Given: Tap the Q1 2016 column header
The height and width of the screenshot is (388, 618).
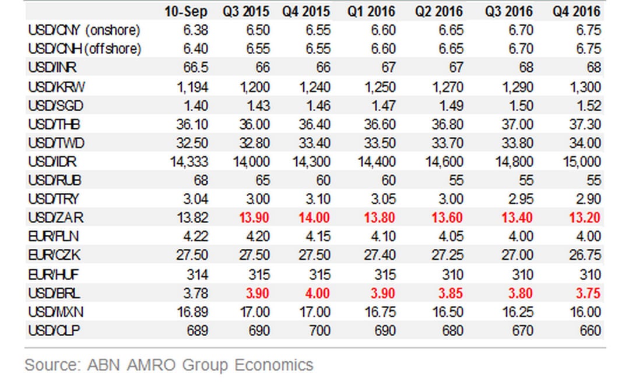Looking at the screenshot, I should (x=371, y=12).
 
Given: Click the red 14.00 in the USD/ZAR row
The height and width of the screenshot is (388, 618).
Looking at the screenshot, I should (x=314, y=218).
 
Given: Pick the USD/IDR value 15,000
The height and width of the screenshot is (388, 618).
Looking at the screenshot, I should (x=580, y=162).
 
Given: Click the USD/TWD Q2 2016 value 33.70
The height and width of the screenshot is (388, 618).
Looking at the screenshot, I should (x=447, y=143).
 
